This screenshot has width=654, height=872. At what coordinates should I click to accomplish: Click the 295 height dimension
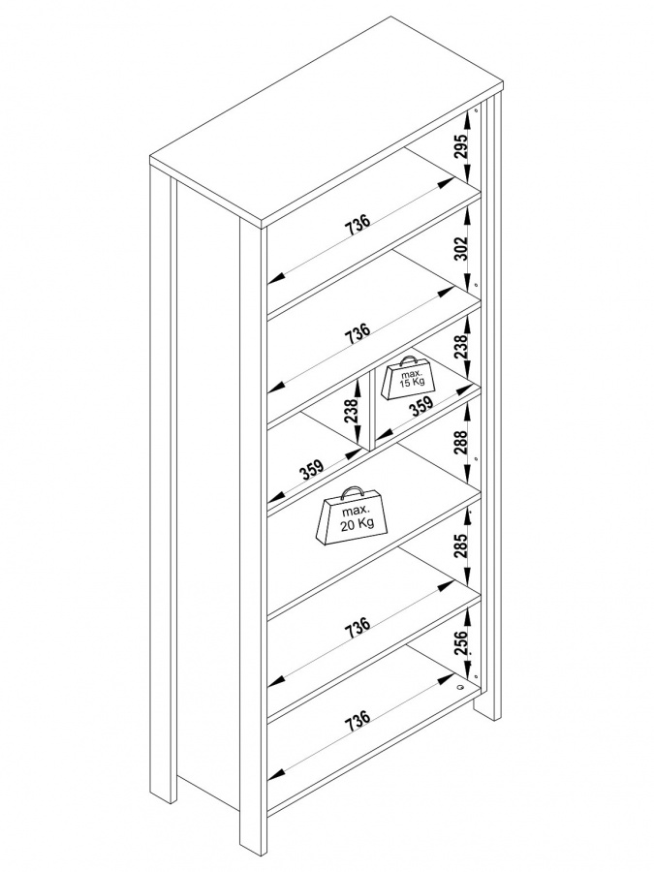pyautogui.click(x=462, y=146)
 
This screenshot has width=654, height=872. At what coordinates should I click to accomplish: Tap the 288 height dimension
pyautogui.click(x=462, y=442)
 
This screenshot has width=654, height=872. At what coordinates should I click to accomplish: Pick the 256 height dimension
pyautogui.click(x=462, y=639)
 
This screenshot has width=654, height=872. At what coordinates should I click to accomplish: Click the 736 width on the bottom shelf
pyautogui.click(x=358, y=719)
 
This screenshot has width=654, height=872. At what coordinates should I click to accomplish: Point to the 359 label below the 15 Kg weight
pyautogui.click(x=420, y=408)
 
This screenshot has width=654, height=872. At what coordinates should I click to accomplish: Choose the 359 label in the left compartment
pyautogui.click(x=311, y=471)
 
